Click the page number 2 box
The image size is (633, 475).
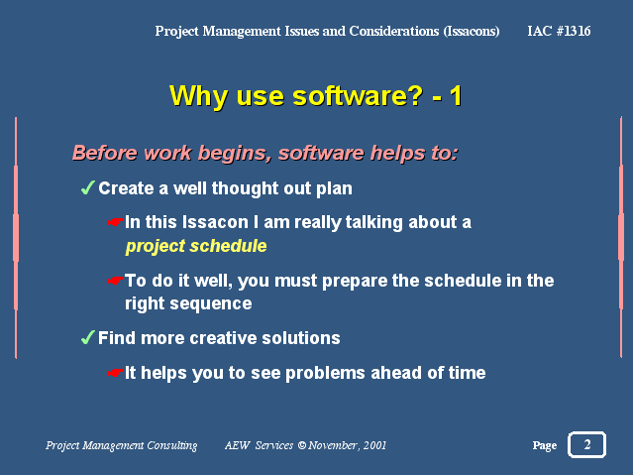(x=586, y=444)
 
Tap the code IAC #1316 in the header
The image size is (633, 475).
(x=559, y=31)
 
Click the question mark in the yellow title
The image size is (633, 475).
(x=412, y=96)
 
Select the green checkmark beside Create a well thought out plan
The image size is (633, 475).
(x=87, y=187)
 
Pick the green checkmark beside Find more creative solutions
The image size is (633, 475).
(x=87, y=337)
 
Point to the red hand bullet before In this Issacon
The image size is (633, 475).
(x=115, y=222)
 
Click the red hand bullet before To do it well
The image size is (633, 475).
(x=115, y=281)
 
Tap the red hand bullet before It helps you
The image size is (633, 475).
(x=115, y=372)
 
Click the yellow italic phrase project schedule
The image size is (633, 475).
(x=196, y=246)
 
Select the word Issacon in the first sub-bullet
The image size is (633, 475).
(x=215, y=222)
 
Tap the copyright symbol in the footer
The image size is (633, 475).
(x=301, y=445)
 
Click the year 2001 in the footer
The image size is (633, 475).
(x=374, y=445)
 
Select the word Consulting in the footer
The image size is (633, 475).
(x=172, y=445)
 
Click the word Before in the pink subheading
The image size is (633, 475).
(x=105, y=154)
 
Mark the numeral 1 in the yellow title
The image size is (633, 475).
(x=456, y=96)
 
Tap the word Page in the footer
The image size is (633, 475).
(x=545, y=445)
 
